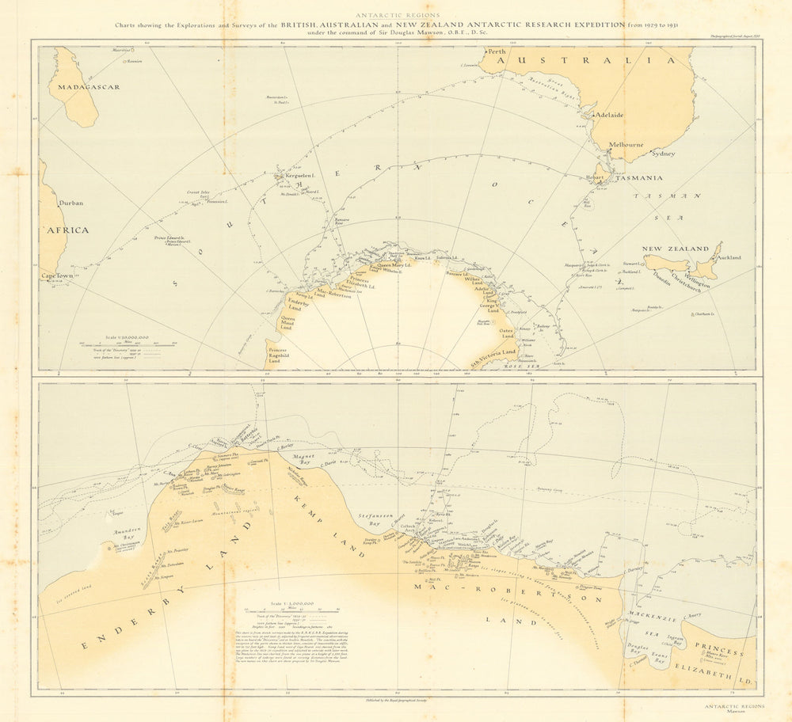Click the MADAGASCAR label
(x=84, y=86)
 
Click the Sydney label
(x=662, y=154)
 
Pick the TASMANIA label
(x=639, y=178)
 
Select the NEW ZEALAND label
(x=675, y=249)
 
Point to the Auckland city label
(x=729, y=258)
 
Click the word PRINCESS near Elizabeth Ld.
(x=720, y=651)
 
